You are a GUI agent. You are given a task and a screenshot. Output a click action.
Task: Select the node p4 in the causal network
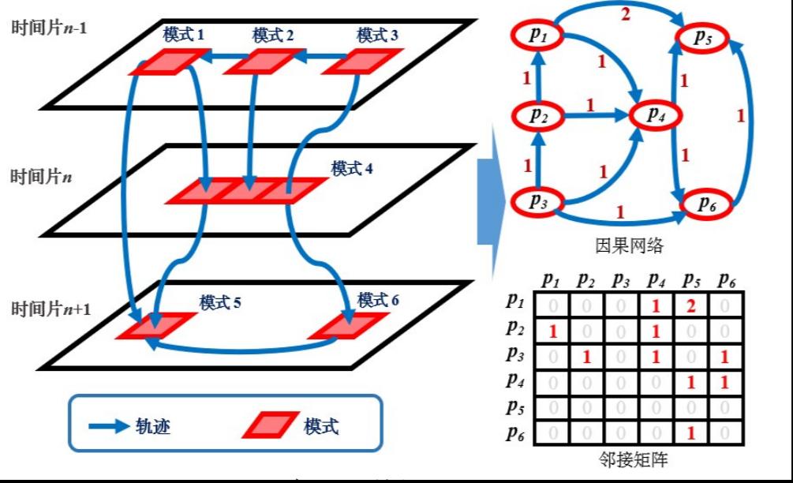(655, 115)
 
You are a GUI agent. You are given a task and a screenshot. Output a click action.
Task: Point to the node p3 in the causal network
(537, 201)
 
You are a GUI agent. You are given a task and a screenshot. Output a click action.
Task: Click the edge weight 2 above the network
(625, 13)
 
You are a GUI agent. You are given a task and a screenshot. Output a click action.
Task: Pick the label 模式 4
(352, 169)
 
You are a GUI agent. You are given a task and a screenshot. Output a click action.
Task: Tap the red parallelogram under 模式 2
(264, 62)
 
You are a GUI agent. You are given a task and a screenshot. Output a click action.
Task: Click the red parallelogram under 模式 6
(345, 325)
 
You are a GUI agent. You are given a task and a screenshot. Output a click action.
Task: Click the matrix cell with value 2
(690, 306)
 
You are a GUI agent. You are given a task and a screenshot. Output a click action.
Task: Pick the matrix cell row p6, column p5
(690, 432)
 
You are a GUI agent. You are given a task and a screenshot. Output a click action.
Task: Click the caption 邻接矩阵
(628, 459)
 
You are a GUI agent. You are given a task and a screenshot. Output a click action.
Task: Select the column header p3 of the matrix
(620, 279)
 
